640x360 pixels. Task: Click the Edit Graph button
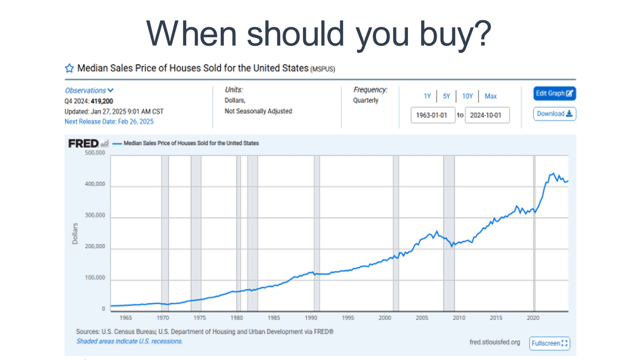[554, 94]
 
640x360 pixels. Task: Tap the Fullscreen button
[549, 343]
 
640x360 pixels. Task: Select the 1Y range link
[427, 96]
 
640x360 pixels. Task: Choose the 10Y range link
[467, 96]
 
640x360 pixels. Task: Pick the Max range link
[491, 96]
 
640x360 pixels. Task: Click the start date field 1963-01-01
[433, 115]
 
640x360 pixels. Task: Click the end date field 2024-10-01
[487, 115]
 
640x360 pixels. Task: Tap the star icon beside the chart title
[69, 69]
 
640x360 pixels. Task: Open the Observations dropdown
[89, 91]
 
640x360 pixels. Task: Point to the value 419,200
[102, 101]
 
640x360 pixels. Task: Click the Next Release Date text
[109, 122]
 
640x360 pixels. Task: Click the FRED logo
[84, 143]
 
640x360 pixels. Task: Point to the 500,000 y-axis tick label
[95, 153]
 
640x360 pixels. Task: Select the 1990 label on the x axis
[311, 318]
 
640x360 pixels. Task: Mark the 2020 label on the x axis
[533, 318]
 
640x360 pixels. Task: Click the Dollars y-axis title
[75, 234]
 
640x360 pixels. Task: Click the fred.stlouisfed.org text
[494, 342]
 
